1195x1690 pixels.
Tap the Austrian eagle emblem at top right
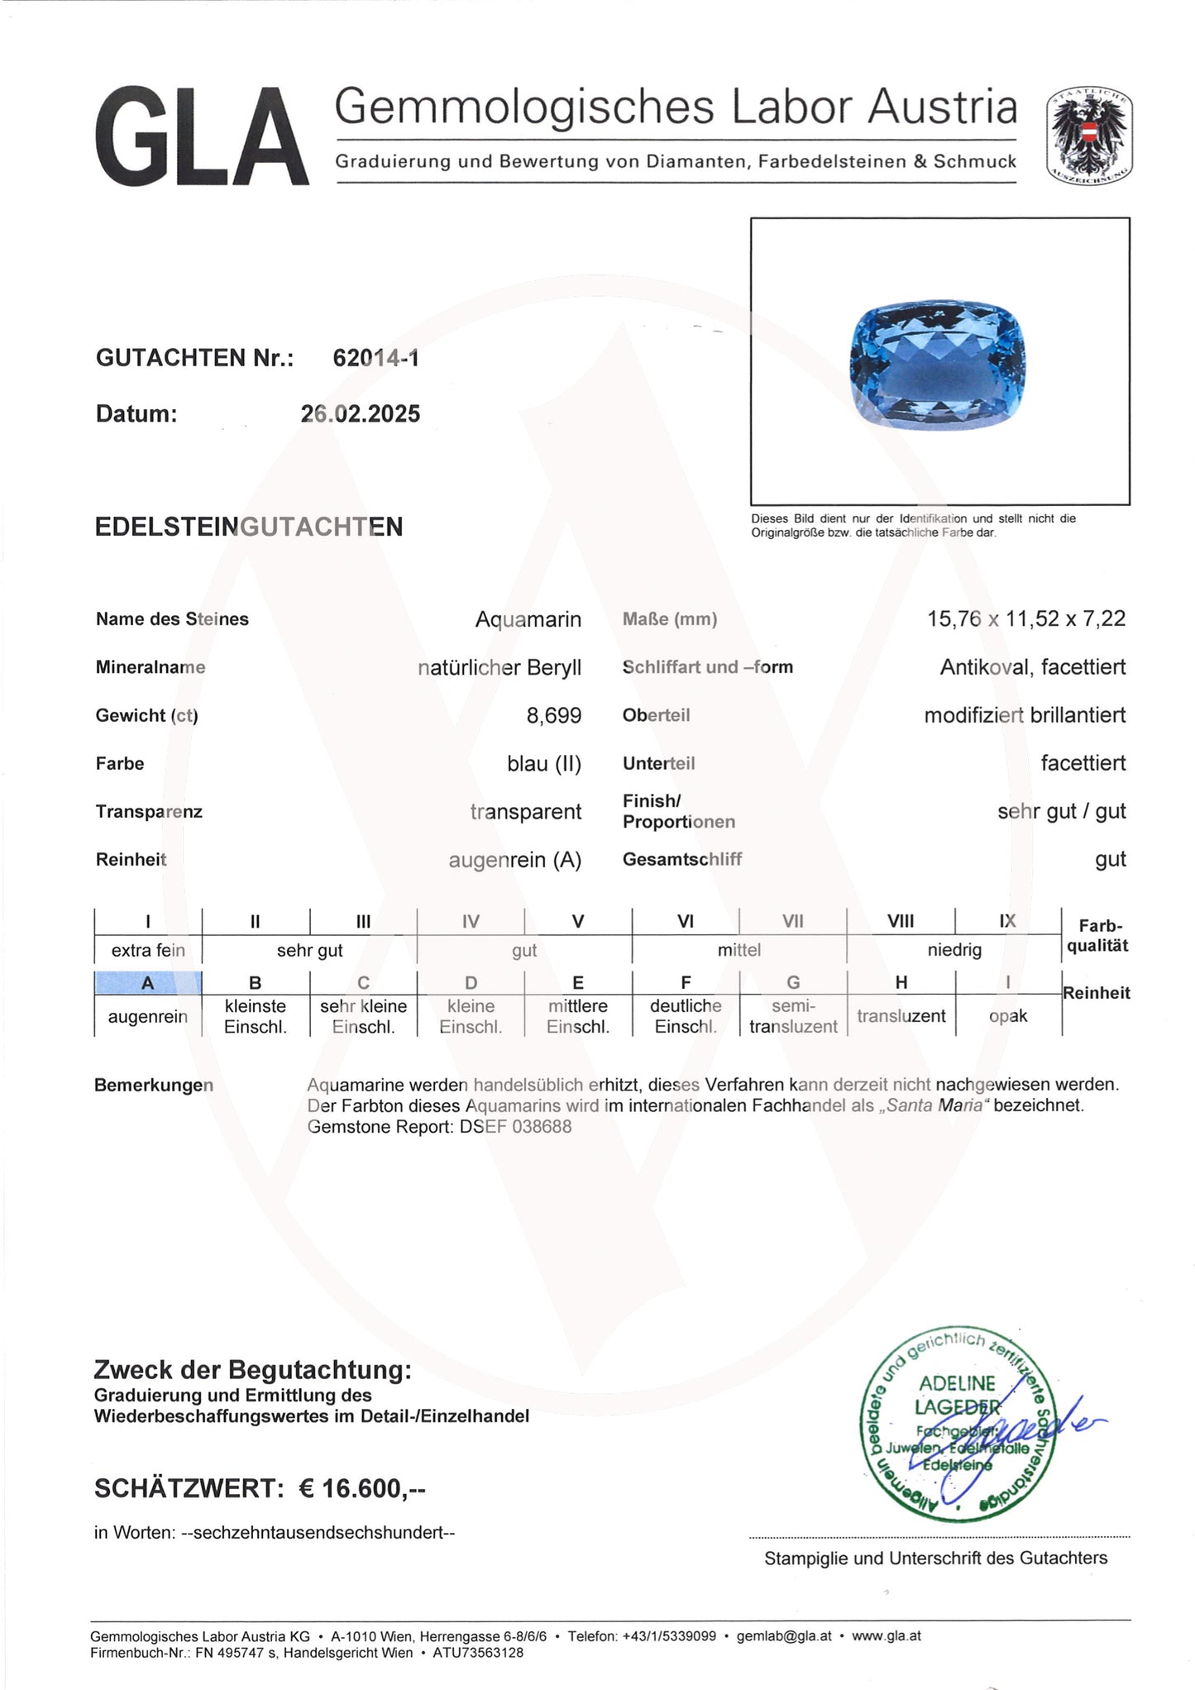point(1088,136)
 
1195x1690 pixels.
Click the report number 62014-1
point(375,358)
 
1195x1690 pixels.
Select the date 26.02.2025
point(361,413)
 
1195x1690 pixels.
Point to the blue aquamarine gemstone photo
point(938,366)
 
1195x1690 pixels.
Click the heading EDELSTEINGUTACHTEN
point(249,527)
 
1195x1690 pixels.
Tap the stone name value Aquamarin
point(528,619)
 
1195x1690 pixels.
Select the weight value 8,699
point(553,715)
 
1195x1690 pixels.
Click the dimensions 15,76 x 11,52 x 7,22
point(1025,618)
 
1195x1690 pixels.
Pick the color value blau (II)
point(543,763)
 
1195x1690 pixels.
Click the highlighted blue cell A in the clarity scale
point(148,982)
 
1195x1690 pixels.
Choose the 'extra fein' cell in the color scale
point(148,950)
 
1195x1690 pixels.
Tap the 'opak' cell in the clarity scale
point(1007,1016)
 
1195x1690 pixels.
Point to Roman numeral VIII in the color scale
point(900,921)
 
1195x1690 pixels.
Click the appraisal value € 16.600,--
point(361,1489)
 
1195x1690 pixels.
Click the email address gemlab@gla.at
point(784,1635)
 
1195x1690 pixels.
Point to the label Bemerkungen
point(153,1085)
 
